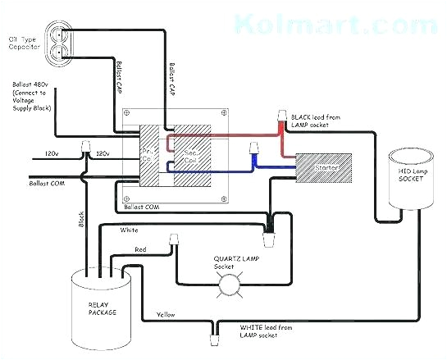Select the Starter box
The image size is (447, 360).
[322, 167]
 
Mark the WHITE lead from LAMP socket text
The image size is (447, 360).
[265, 331]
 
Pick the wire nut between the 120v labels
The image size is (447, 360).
[85, 148]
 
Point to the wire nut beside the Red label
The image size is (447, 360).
[173, 239]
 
